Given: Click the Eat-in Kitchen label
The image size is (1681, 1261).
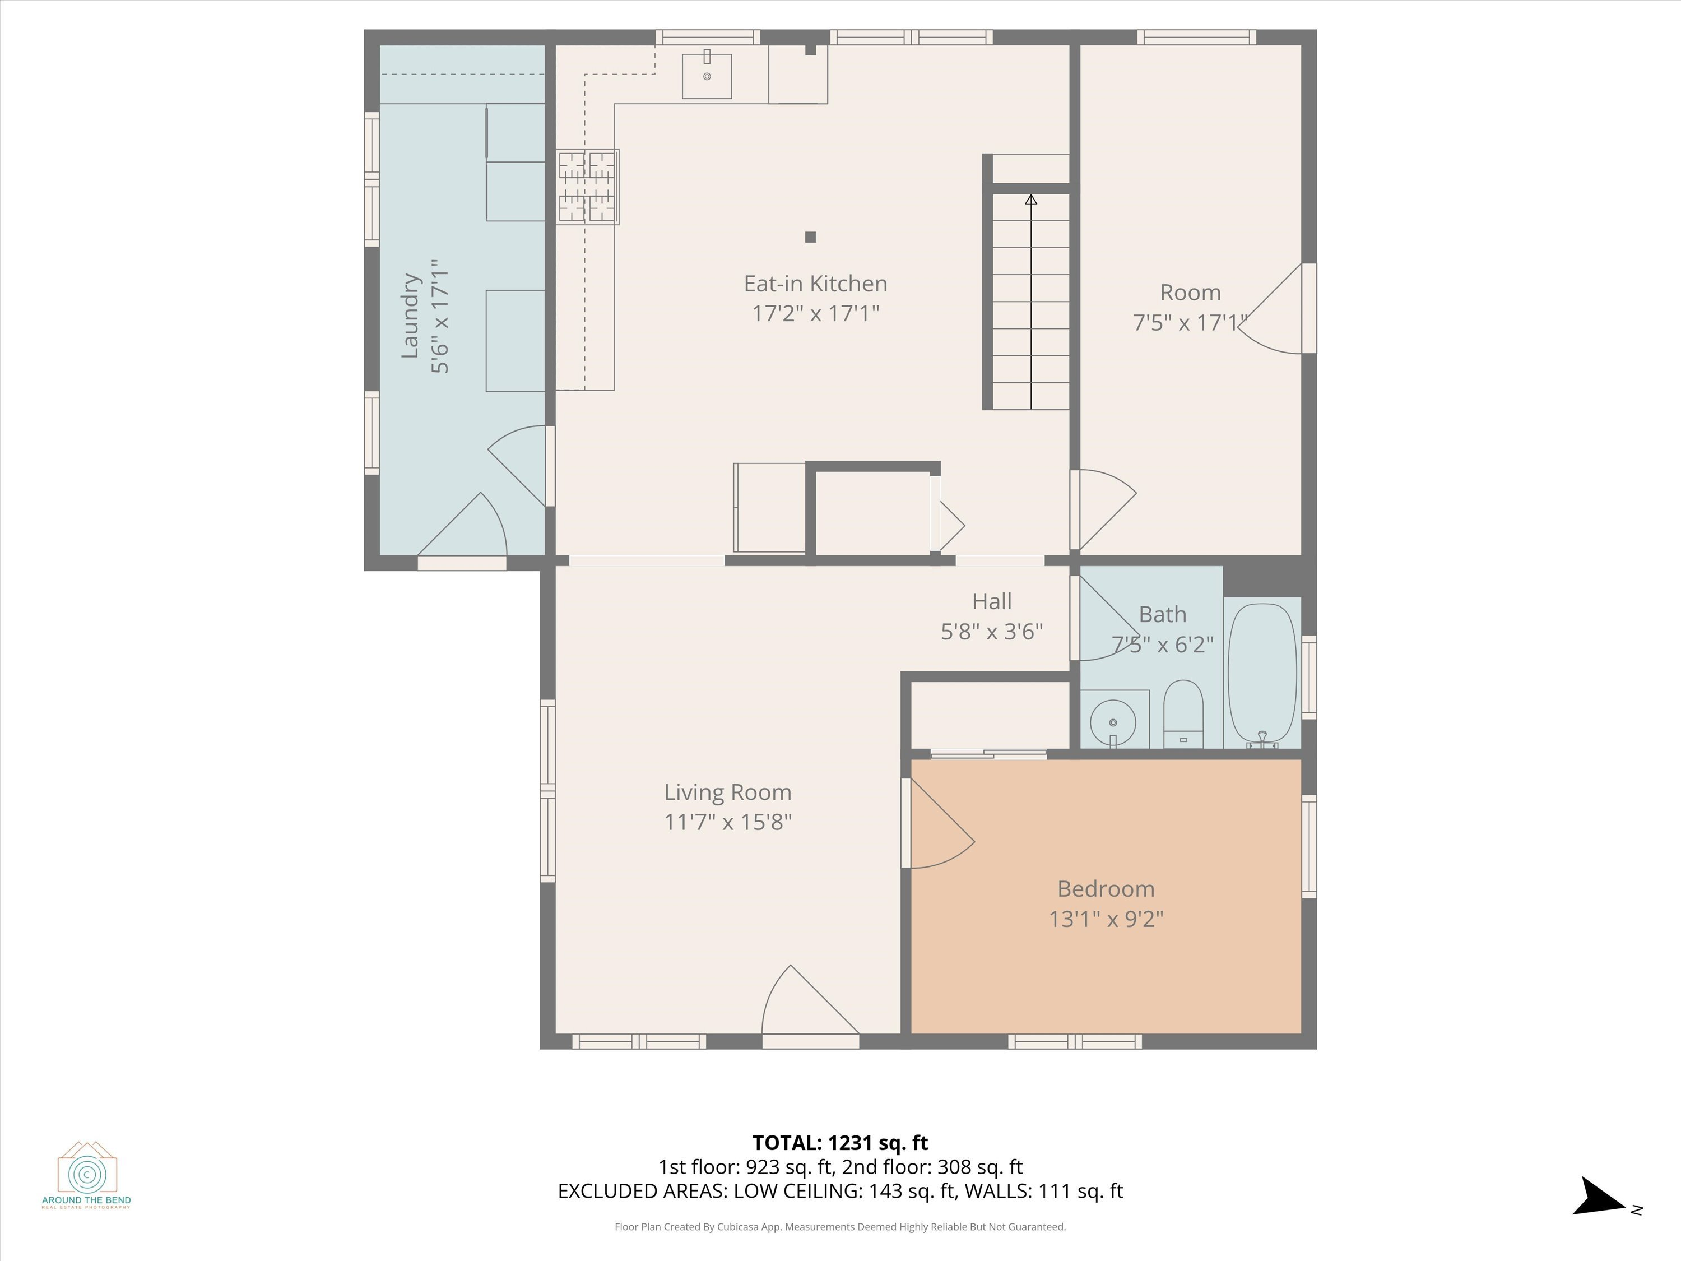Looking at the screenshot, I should (815, 284).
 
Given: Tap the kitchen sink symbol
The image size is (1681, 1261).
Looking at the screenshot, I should (707, 76).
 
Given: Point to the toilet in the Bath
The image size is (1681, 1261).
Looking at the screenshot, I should (1183, 715).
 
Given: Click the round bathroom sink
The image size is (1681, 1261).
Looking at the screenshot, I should (1113, 722).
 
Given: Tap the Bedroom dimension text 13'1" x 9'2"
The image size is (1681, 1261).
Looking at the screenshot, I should (1106, 919).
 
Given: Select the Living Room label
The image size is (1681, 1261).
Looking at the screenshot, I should (727, 792).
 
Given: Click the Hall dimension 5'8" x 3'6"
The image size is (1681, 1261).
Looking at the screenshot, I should (991, 632).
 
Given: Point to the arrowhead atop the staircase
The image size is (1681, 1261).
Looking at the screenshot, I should (1030, 200).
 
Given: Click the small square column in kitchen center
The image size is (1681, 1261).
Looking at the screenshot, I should (810, 237).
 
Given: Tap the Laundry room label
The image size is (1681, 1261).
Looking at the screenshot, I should (410, 316).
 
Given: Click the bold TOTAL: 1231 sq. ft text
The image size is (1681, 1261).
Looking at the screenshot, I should (840, 1142).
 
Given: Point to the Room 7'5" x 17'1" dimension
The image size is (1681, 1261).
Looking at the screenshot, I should (1190, 323).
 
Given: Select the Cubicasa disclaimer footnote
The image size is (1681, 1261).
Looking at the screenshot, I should (840, 1227).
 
